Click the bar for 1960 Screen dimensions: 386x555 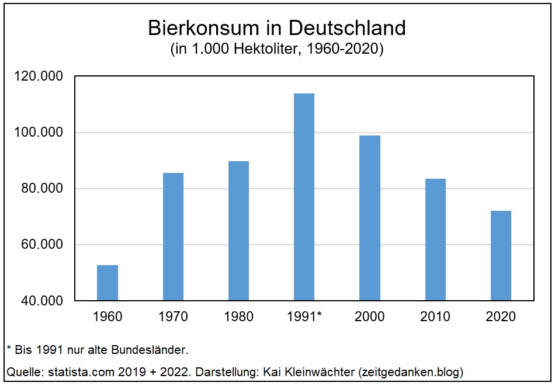coord(107,283)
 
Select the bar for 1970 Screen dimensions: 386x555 coord(173,237)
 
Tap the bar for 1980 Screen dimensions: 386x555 coord(238,231)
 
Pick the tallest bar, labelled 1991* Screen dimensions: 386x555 coord(304,197)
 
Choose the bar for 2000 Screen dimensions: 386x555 coord(369,218)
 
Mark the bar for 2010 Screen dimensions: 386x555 coord(435,239)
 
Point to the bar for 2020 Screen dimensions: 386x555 coord(501,256)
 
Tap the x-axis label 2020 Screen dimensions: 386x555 coord(501,317)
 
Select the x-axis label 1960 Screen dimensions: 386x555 coord(107,317)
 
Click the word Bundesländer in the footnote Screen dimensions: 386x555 coord(157,350)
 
